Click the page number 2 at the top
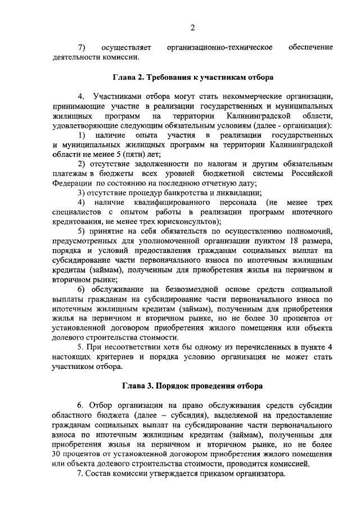(x=192, y=28)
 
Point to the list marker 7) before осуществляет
(x=81, y=47)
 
